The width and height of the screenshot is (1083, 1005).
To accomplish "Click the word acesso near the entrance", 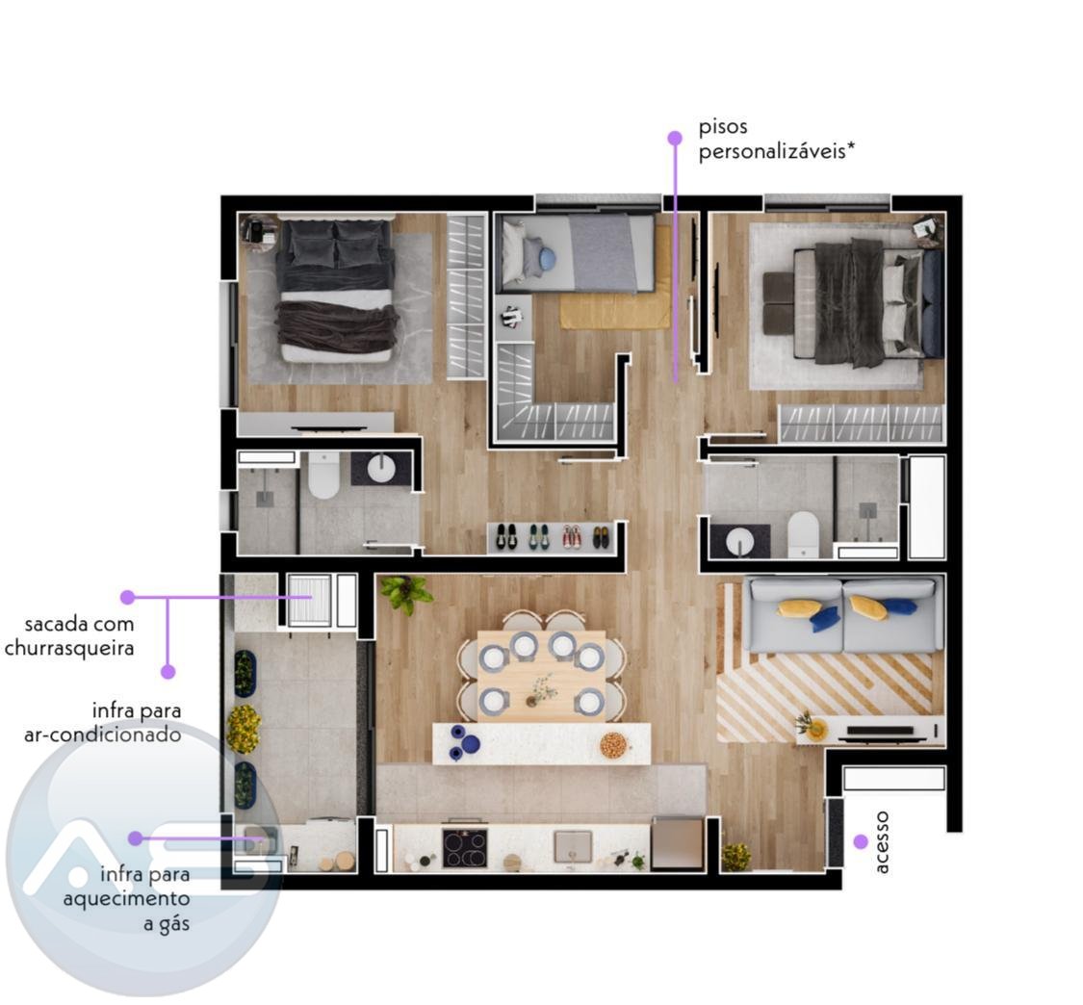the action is coord(881,842).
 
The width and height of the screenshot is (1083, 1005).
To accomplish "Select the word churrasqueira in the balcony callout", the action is coord(69,649).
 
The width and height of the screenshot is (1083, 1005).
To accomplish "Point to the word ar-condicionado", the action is coord(103,734).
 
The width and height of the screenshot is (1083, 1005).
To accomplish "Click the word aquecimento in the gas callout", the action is coord(126,899).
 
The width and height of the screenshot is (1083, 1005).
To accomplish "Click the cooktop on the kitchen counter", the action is coord(465,847).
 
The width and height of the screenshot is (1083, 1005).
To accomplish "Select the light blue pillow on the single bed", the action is coord(547,259).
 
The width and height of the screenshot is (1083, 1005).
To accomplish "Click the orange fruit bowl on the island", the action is coord(612,744).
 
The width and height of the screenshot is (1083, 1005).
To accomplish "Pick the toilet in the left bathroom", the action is coord(323,475).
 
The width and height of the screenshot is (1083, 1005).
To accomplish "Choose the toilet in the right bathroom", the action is coord(803,534).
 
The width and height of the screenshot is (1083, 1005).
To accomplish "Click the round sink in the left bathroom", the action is coord(381,469).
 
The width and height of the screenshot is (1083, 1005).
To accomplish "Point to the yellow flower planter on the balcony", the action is coord(244,729).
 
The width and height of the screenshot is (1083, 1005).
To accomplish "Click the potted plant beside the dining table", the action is coord(407,593).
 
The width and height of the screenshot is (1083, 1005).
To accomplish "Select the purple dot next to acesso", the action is coord(860,841).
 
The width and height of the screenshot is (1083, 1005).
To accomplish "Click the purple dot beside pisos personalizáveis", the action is coord(675,139).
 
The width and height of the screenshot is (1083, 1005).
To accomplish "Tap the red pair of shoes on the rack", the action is coord(571,537).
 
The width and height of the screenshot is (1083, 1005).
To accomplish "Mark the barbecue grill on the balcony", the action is coord(309,599).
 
